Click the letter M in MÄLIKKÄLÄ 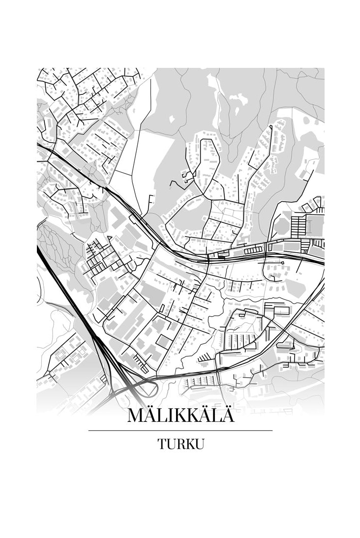[136, 415]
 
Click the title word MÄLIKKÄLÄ [180, 415]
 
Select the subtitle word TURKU [180, 444]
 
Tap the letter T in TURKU [162, 444]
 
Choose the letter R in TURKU [180, 444]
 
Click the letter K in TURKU [190, 444]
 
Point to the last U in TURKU [199, 444]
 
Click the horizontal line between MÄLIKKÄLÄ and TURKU [180, 430]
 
